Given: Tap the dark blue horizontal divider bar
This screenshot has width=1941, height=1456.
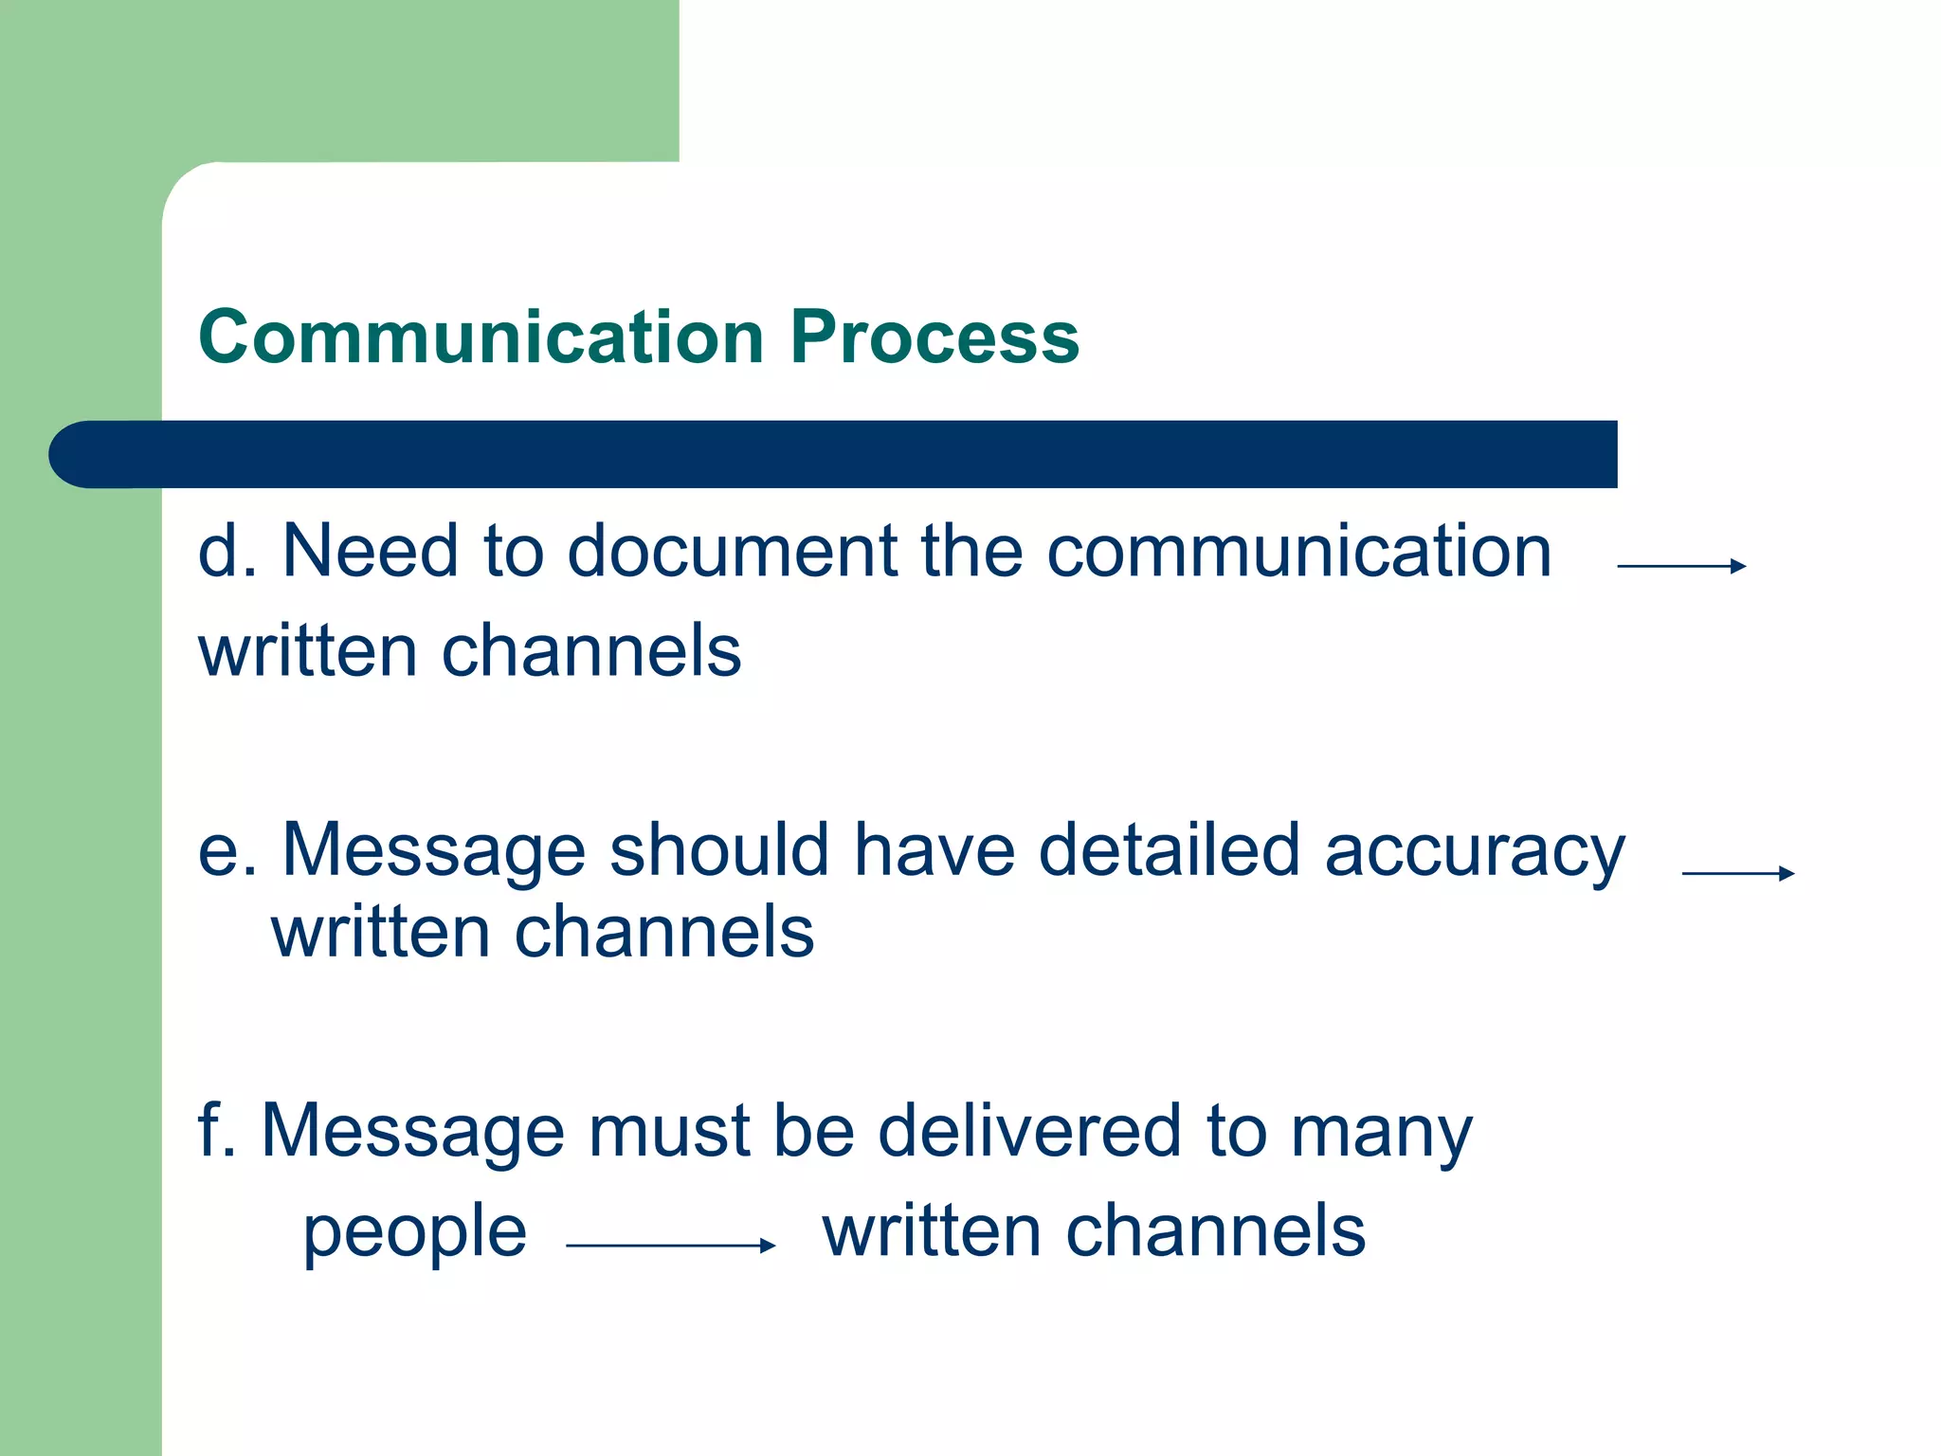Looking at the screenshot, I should point(834,454).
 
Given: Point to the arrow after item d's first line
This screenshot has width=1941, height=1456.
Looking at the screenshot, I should point(1680,566).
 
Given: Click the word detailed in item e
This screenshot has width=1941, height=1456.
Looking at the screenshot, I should point(1169,849).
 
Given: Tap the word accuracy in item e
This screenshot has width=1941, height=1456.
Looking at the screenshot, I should point(1475,851).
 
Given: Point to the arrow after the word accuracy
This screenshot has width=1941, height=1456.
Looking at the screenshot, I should point(1737,873).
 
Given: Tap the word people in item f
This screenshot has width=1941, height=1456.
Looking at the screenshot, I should point(414,1234).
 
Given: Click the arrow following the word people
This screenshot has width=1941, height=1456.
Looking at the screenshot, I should point(670,1246).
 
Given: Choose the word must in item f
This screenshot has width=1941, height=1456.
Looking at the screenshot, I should point(669,1132).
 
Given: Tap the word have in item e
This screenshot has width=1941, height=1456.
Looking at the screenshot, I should point(934,849).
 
